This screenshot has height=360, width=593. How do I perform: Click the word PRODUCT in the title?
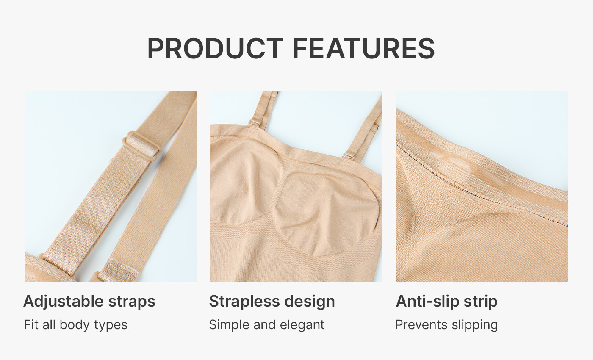(215, 48)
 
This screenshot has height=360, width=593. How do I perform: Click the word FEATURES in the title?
(364, 48)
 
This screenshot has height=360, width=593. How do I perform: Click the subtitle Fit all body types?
(75, 325)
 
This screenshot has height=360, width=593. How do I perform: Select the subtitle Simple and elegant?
(266, 325)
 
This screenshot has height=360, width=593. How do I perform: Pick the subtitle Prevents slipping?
(446, 325)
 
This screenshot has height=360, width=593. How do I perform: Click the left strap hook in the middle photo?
(255, 123)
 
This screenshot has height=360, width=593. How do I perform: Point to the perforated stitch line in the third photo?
(482, 186)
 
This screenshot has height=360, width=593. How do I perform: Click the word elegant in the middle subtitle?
(302, 325)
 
